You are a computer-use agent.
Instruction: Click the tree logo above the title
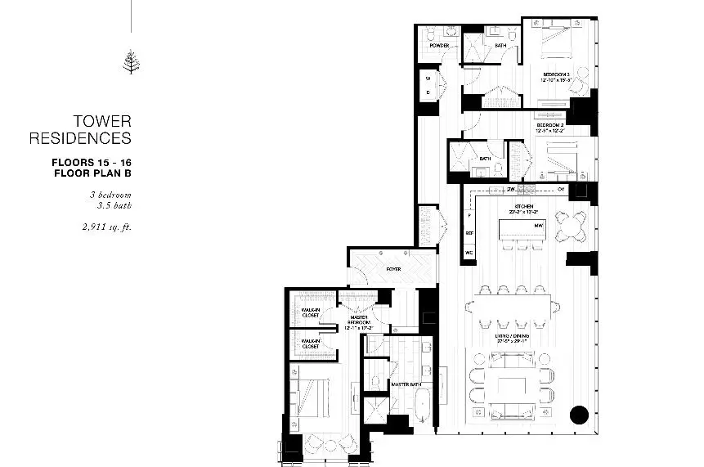click(131, 62)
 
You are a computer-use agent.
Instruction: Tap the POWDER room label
click(439, 46)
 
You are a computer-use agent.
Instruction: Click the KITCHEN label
click(524, 205)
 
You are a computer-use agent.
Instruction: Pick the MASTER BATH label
click(406, 384)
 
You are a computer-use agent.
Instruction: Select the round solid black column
click(578, 414)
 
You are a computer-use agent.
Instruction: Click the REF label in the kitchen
click(470, 233)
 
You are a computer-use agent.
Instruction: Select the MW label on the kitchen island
click(539, 226)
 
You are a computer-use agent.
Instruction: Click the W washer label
click(428, 79)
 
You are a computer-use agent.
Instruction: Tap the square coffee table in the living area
click(512, 387)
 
